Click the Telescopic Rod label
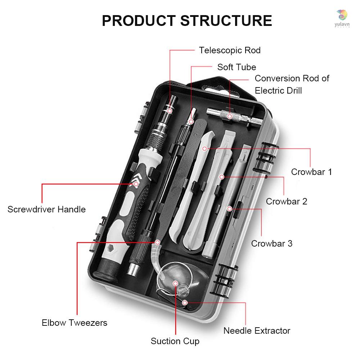pos(230,50)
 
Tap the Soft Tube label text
pos(237,67)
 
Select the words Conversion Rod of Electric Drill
pos(292,84)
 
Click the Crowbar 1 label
pos(311,172)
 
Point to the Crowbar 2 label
pos(287,201)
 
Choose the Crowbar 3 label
pos(272,243)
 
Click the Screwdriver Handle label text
pos(46,209)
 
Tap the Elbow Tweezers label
pos(75,322)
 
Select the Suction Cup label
pos(175,341)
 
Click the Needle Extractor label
pos(257,330)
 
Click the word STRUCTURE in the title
pos(226,21)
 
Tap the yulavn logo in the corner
pos(342,17)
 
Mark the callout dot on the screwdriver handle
pos(136,184)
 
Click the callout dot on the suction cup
pos(175,283)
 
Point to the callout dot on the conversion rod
pos(229,116)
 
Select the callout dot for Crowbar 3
pos(229,208)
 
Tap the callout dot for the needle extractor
pos(185,303)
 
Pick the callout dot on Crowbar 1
pos(204,148)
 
